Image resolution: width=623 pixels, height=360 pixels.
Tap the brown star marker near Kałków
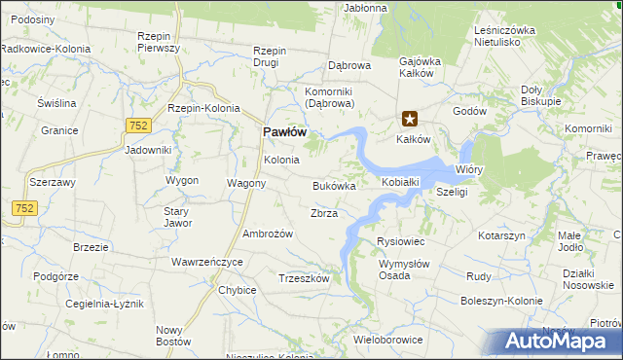point(410,120)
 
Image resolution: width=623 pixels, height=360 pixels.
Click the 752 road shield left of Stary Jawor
point(24,207)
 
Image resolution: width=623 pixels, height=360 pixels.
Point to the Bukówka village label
point(334,185)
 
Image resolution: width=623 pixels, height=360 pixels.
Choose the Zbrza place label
point(323,213)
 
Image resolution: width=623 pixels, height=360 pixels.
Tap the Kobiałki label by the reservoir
point(400,182)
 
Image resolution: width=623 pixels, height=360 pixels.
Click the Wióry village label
point(469,169)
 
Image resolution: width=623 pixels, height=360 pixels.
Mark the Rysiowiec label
point(400,241)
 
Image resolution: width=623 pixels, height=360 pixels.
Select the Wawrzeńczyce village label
point(206,262)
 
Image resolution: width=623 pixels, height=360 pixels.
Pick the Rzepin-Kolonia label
point(203,108)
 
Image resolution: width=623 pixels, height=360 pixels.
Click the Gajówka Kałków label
point(421,67)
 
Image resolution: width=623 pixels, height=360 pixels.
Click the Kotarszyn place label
point(501,235)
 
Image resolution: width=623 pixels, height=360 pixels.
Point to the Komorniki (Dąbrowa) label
point(327,97)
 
